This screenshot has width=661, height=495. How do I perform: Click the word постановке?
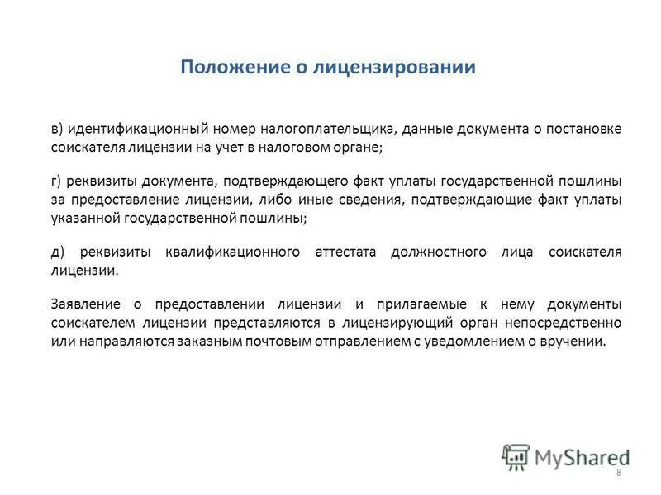[583, 130]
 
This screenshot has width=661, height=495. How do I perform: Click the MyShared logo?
[565, 456]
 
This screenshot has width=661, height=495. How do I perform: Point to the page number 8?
[619, 472]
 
